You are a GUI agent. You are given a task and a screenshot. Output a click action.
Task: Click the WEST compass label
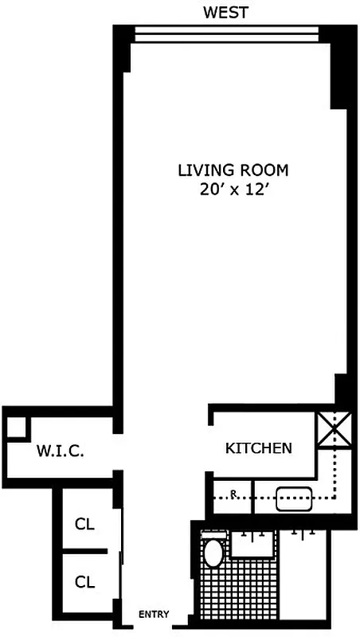225,12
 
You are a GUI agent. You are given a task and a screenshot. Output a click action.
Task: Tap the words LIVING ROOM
232,170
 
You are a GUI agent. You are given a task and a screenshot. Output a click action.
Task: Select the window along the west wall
226,34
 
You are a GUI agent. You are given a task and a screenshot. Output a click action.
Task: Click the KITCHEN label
258,448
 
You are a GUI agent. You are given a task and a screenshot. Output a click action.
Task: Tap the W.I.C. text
60,451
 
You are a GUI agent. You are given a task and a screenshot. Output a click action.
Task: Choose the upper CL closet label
84,524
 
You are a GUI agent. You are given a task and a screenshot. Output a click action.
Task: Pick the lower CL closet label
84,582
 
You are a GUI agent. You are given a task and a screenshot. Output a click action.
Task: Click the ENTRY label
154,614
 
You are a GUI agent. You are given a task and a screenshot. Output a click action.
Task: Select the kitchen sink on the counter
292,498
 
